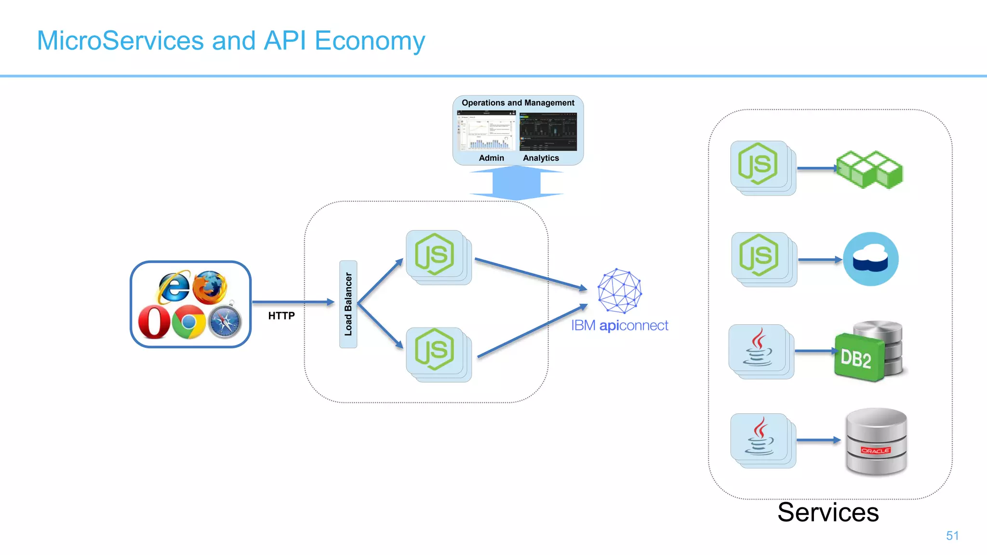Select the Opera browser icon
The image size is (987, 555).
tap(154, 322)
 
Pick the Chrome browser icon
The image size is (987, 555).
tap(188, 322)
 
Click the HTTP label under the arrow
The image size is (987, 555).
tap(281, 316)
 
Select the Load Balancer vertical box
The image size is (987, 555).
tap(348, 304)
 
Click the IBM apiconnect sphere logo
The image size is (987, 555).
tap(619, 291)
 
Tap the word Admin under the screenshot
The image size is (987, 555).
tap(491, 158)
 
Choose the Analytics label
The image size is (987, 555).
tap(541, 158)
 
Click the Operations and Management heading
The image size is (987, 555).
tap(518, 103)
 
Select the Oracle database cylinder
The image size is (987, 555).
tap(876, 441)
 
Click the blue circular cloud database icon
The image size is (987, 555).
tap(870, 259)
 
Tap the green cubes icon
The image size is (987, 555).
tap(869, 169)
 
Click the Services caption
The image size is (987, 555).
tap(827, 512)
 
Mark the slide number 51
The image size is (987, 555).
tap(952, 536)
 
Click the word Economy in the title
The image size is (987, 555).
tap(370, 41)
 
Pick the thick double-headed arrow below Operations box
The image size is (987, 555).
tap(516, 183)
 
